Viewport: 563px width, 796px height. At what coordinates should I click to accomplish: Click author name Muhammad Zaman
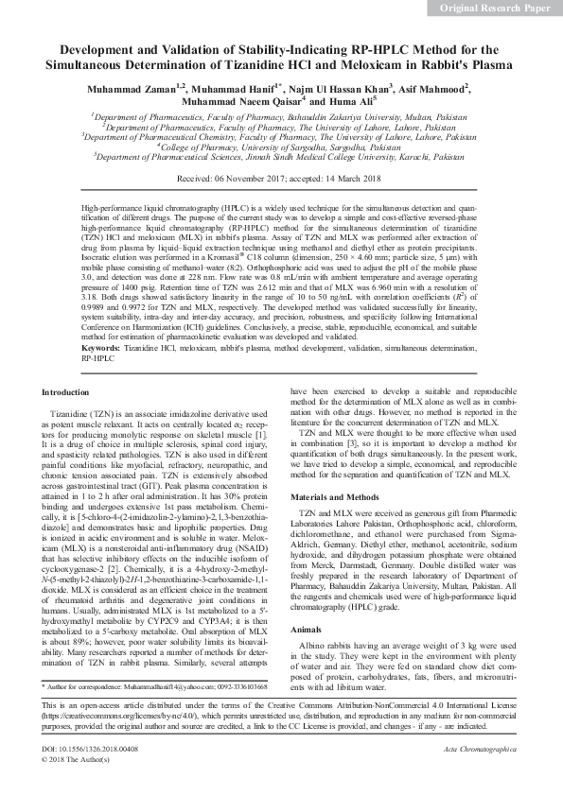click(131, 88)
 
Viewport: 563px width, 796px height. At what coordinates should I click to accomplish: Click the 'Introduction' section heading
click(73, 364)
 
